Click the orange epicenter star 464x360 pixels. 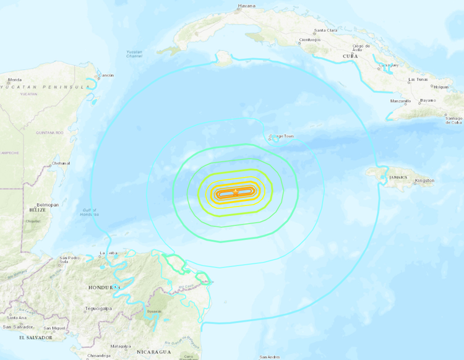[235, 194]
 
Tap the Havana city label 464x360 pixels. [247, 7]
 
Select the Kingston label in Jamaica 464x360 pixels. [425, 181]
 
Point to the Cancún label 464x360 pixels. [106, 75]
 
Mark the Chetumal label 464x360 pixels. [60, 163]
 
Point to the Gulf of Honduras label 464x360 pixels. [88, 212]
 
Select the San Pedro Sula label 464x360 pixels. [68, 260]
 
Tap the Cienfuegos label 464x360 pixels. [309, 40]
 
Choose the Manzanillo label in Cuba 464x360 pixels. [401, 100]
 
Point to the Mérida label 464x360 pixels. [15, 80]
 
